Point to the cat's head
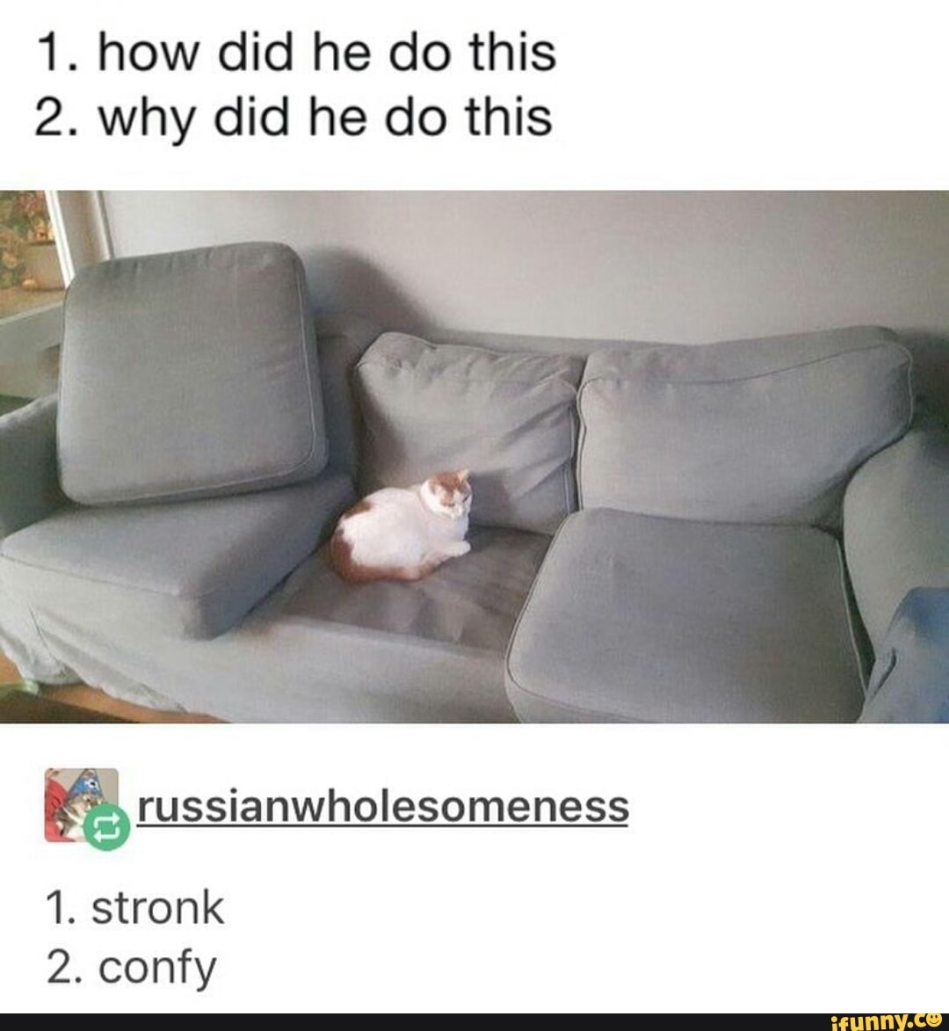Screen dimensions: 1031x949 [x=447, y=495]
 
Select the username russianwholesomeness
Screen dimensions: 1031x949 [x=383, y=805]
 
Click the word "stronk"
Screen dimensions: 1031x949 [x=158, y=908]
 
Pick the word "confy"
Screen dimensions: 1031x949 [x=157, y=968]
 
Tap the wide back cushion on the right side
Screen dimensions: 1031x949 [x=743, y=422]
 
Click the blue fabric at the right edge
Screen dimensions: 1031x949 [x=914, y=650]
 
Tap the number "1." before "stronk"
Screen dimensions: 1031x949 [x=62, y=908]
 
